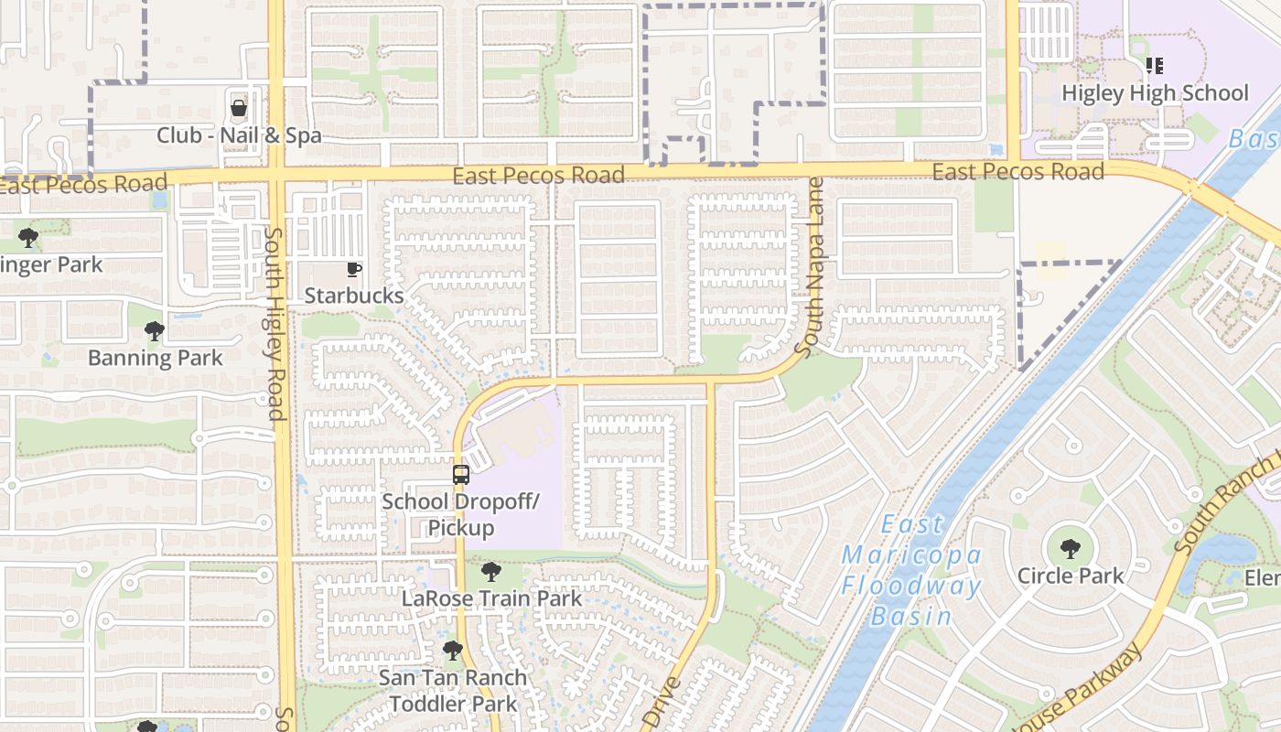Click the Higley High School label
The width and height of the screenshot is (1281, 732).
coord(1155,93)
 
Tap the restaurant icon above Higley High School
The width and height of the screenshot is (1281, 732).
coord(1155,66)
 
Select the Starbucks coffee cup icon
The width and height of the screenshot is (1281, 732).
coord(353,269)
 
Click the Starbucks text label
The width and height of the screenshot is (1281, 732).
coord(353,296)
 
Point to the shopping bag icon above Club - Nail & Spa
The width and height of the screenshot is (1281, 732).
coord(239,109)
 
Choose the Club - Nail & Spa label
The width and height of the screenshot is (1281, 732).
coord(239,135)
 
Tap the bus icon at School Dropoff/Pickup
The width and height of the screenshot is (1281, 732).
coord(461,475)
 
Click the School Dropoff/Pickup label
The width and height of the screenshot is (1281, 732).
coord(461,514)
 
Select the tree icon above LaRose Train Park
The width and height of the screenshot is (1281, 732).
coord(491,573)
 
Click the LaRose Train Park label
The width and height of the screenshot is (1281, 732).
coord(491,598)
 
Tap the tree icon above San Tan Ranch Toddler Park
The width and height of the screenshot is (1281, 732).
coord(453,651)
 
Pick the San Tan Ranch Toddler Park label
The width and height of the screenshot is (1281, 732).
coord(453,691)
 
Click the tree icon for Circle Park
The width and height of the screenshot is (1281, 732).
coord(1070,550)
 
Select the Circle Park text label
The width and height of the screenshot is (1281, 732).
coord(1070,576)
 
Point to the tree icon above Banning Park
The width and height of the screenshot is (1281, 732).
coord(155,330)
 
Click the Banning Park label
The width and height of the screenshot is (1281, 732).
coord(155,357)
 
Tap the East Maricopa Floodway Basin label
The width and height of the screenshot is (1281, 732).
coord(911,570)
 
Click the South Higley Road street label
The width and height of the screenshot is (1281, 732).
coord(274,324)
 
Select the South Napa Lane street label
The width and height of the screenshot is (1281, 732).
coord(811,267)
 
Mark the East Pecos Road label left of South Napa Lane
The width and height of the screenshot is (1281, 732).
coord(538,175)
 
